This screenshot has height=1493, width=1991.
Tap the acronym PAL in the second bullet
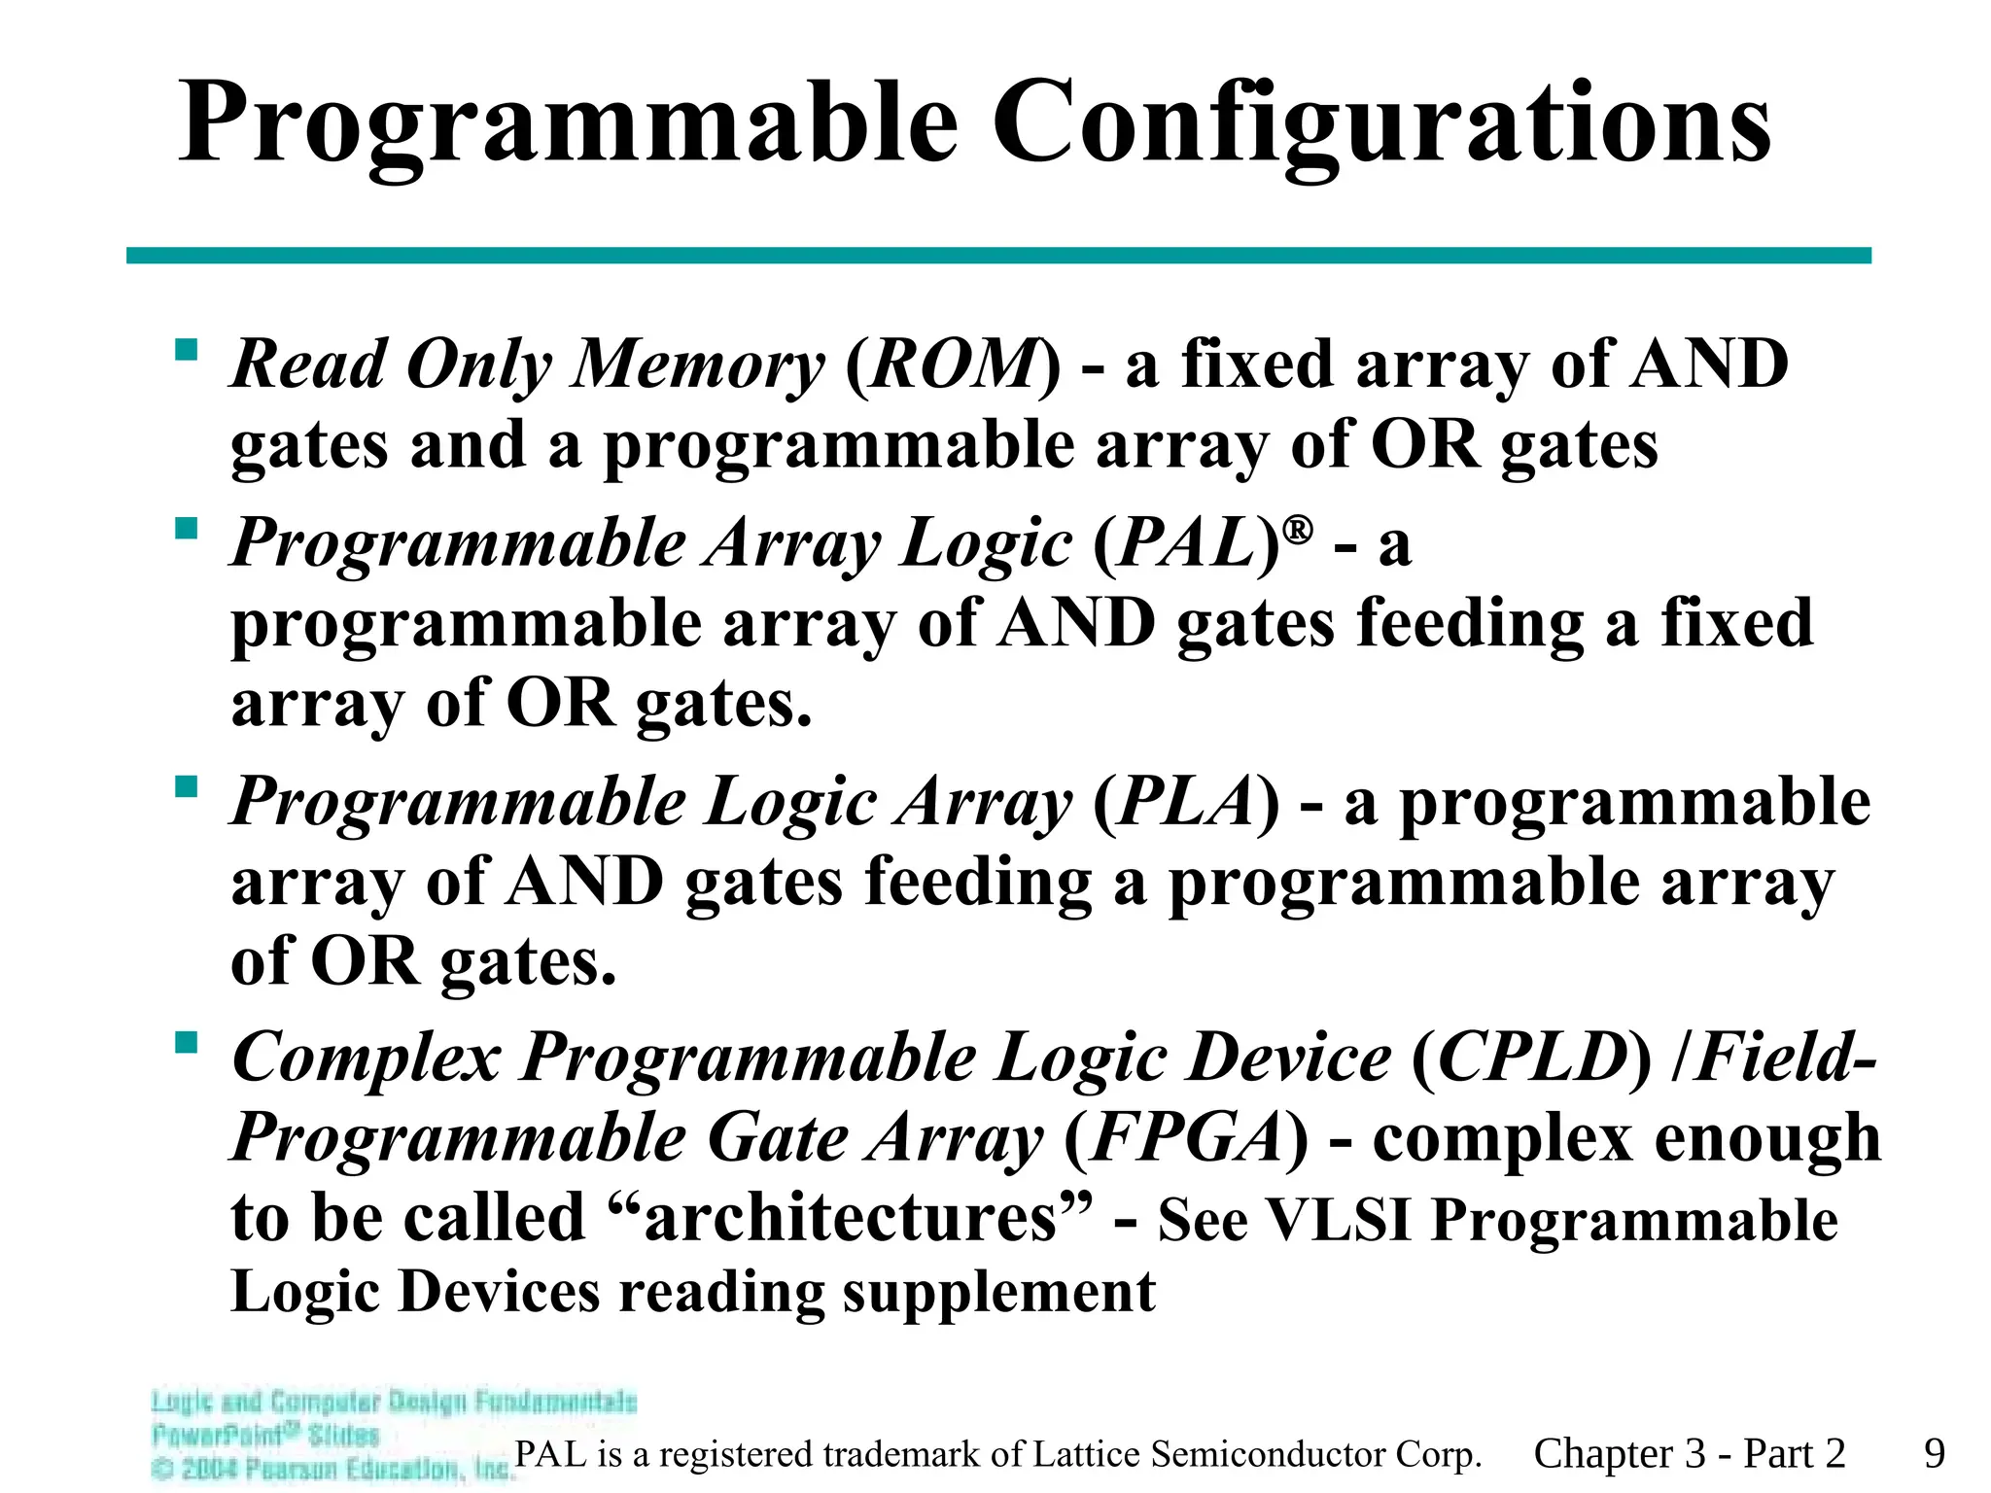(x=1186, y=542)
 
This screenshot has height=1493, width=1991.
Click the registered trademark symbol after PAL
(x=1298, y=531)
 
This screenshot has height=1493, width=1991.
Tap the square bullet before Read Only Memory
(x=186, y=349)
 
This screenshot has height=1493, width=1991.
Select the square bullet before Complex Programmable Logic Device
(x=186, y=1043)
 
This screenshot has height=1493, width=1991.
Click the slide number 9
(x=1934, y=1454)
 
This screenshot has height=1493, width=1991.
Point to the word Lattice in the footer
(x=1087, y=1454)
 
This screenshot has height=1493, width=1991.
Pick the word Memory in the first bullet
(x=698, y=365)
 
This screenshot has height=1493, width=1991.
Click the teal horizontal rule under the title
(x=998, y=256)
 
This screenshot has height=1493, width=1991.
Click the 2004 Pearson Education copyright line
(x=331, y=1469)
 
